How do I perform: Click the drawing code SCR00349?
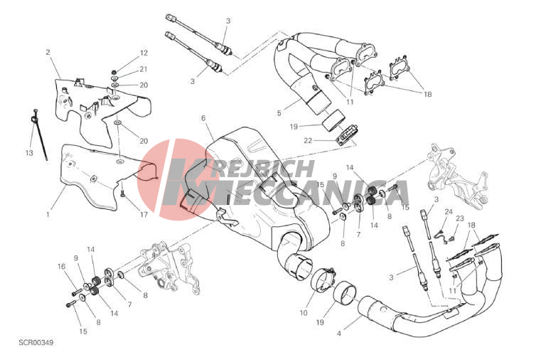point(36,343)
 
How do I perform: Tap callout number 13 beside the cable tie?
point(29,153)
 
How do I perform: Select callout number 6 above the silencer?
point(203,118)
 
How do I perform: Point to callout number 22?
point(308,140)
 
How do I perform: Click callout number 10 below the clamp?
point(304,313)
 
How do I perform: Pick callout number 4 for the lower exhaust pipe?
point(339,334)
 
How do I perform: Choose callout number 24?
point(449,211)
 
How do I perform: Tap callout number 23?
point(460,218)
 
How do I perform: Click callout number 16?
point(61,267)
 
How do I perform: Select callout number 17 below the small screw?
point(144,215)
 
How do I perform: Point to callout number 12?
point(144,53)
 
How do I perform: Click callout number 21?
point(144,69)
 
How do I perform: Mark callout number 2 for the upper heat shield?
point(48,52)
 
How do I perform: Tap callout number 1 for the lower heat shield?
point(48,215)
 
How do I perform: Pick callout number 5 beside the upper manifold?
point(279,113)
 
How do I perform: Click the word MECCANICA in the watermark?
point(286,193)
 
